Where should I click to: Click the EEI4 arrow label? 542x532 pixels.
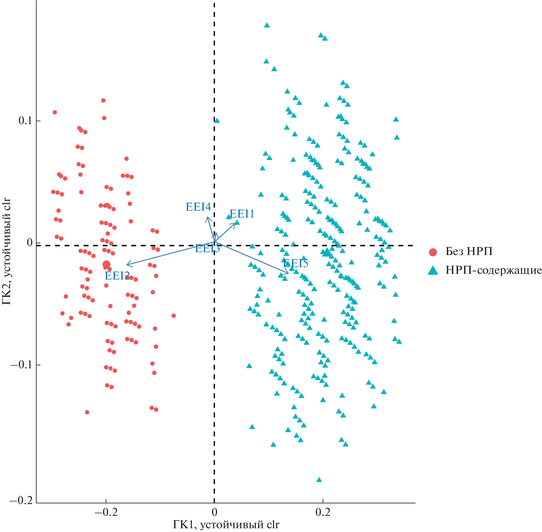(x=198, y=207)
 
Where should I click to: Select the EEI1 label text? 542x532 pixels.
(x=242, y=214)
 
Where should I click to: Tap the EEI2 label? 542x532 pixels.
(x=117, y=276)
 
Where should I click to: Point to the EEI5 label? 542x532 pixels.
(x=296, y=263)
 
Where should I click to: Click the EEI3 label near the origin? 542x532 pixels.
(x=207, y=248)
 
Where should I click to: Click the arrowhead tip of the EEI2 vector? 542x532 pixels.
(x=127, y=265)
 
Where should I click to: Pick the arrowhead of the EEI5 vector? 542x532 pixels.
(x=288, y=273)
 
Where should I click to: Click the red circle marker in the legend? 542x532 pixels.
(x=433, y=252)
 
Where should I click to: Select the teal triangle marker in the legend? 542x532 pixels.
(x=433, y=271)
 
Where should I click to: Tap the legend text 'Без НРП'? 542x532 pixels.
(x=469, y=252)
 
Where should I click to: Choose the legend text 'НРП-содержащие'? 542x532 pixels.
(x=494, y=270)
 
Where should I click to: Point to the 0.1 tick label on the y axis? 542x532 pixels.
(x=25, y=120)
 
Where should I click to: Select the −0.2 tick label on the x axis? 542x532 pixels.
(x=106, y=512)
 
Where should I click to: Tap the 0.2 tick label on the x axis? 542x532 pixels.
(x=323, y=512)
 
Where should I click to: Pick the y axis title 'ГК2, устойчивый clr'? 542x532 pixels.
(x=6, y=251)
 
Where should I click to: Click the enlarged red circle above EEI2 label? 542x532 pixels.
(x=106, y=264)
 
